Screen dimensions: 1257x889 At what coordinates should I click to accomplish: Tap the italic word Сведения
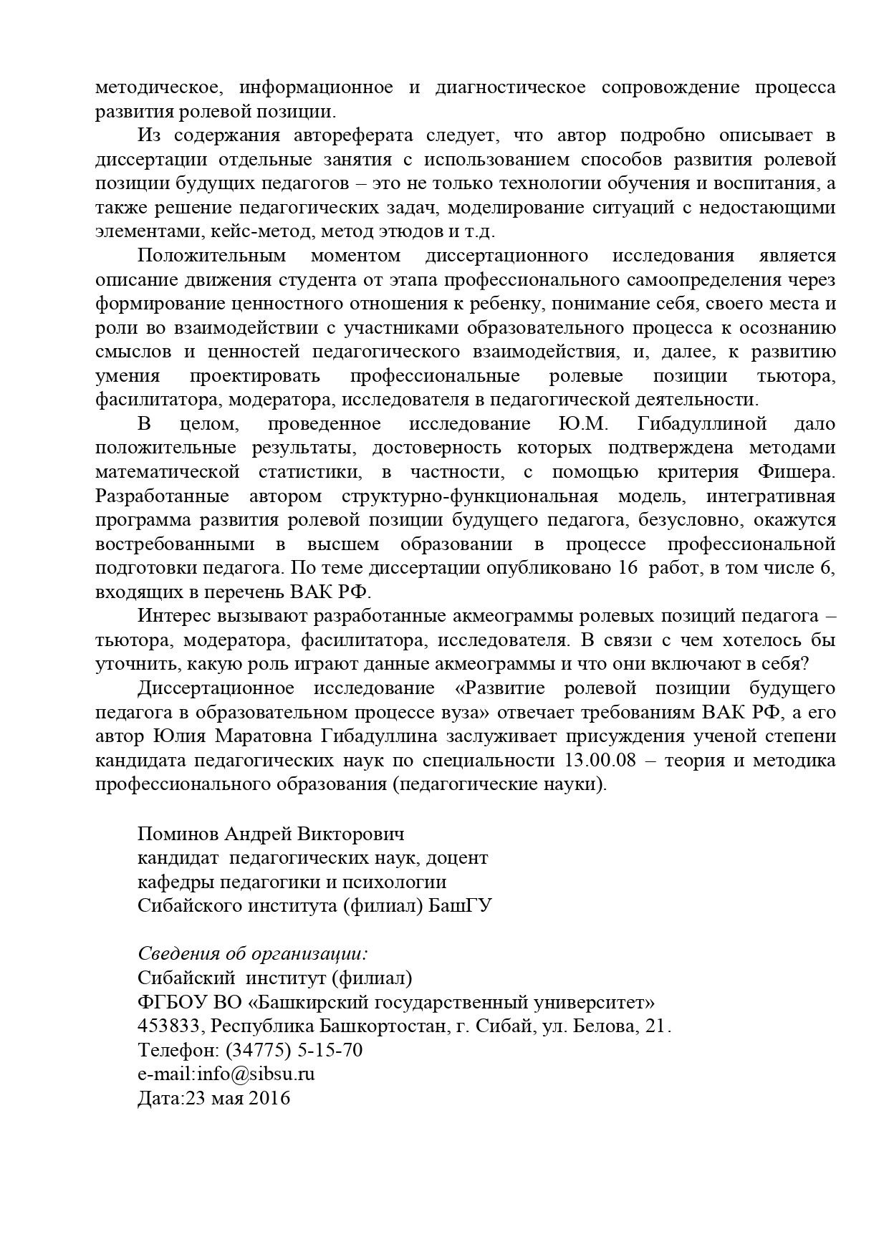click(x=173, y=954)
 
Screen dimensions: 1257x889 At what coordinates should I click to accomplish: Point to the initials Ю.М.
click(x=583, y=424)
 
